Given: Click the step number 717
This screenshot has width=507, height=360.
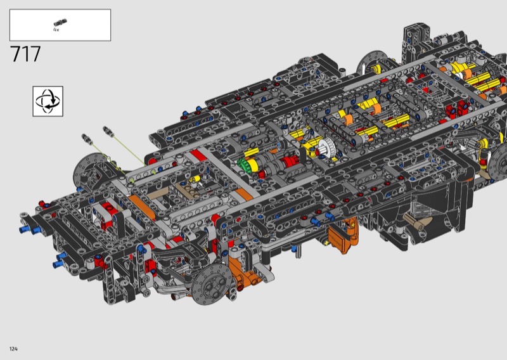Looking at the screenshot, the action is point(25,54).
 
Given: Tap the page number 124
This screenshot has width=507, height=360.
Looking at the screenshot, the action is point(13,349).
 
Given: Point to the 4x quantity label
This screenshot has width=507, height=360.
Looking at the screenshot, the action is point(56,30).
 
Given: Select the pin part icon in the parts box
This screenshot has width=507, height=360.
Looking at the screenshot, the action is point(60,23).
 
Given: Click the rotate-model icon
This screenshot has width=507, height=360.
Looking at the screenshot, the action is point(48,101).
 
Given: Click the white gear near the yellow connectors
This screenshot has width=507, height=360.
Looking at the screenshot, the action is point(327,148).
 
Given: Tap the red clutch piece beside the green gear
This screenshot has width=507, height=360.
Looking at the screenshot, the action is point(290,162).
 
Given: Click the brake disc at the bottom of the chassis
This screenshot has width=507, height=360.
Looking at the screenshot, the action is point(212,284).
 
